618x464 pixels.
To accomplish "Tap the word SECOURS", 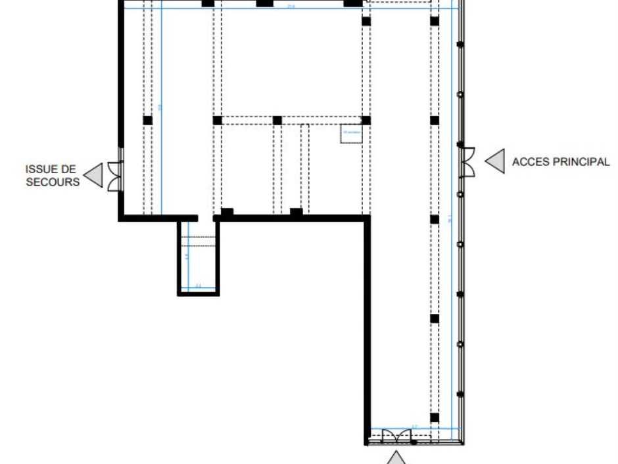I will [x=53, y=182].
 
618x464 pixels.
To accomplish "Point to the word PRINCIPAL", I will [x=584, y=162].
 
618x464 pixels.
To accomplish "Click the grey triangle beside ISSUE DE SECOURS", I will [x=94, y=175].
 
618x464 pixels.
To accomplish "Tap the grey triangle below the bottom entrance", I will [x=396, y=458].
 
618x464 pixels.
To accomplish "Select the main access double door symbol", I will [x=467, y=162].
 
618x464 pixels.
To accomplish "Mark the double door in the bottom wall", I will [x=396, y=437].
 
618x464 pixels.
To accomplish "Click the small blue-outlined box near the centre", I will [x=351, y=133].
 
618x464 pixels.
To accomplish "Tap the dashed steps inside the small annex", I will [x=198, y=240].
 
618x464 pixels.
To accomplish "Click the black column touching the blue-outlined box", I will [x=366, y=120].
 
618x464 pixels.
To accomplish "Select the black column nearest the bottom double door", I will [x=434, y=417].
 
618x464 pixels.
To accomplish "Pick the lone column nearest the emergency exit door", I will [x=147, y=120].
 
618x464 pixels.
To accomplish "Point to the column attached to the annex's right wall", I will [x=226, y=213].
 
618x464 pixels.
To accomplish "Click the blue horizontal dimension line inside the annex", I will [x=198, y=288].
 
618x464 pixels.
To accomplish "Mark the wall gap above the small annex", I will [x=205, y=217].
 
